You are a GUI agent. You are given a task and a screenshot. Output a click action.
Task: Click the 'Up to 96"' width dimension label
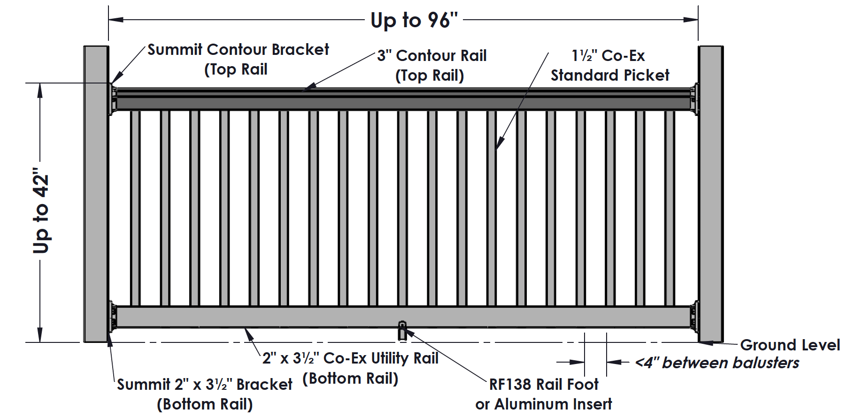tap(414, 20)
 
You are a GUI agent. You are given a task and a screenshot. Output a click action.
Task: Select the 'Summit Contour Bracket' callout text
tap(238, 50)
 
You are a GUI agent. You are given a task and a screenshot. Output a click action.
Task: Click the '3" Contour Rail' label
tap(432, 56)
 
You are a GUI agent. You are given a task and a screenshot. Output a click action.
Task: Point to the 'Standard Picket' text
tap(609, 75)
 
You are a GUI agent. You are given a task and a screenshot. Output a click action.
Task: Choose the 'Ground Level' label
tap(790, 345)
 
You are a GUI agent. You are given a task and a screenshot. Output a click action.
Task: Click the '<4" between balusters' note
tap(716, 363)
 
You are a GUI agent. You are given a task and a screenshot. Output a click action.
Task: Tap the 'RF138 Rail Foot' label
tap(544, 385)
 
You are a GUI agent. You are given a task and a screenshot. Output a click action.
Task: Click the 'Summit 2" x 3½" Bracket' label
tap(205, 385)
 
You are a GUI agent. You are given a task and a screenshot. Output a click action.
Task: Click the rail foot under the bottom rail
tap(402, 331)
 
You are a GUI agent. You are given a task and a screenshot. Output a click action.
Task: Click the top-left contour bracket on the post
tap(113, 99)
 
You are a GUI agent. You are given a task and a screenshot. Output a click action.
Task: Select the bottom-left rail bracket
tap(113, 316)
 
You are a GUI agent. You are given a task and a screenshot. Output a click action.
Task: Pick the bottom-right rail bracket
tap(694, 316)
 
